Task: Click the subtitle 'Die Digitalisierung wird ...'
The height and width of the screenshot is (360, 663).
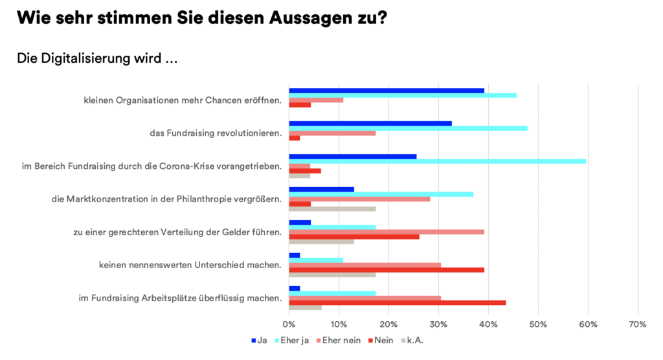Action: point(97,58)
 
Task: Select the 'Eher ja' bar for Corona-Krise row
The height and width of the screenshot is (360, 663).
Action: point(437,161)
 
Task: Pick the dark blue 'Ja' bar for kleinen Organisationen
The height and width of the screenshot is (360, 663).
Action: point(387,91)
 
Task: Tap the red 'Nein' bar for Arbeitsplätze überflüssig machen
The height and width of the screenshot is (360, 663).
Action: point(397,302)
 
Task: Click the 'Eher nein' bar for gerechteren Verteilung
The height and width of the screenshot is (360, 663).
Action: point(387,231)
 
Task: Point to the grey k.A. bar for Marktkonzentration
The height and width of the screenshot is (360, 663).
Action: point(332,208)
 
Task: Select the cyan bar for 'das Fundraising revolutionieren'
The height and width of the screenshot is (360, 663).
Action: point(408,128)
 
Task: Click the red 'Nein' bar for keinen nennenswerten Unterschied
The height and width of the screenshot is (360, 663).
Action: point(387,270)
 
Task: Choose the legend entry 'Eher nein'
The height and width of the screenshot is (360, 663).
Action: point(338,340)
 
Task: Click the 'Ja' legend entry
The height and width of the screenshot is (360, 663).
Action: point(258,340)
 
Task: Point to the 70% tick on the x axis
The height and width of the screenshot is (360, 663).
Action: point(638,324)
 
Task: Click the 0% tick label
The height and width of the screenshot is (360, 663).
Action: point(289,324)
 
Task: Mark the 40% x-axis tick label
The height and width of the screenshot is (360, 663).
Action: point(488,324)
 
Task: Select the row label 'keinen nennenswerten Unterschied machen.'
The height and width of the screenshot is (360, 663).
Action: point(190,265)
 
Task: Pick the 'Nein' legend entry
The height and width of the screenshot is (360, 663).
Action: point(380,340)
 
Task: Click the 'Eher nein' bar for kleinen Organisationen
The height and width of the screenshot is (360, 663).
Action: point(316,100)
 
